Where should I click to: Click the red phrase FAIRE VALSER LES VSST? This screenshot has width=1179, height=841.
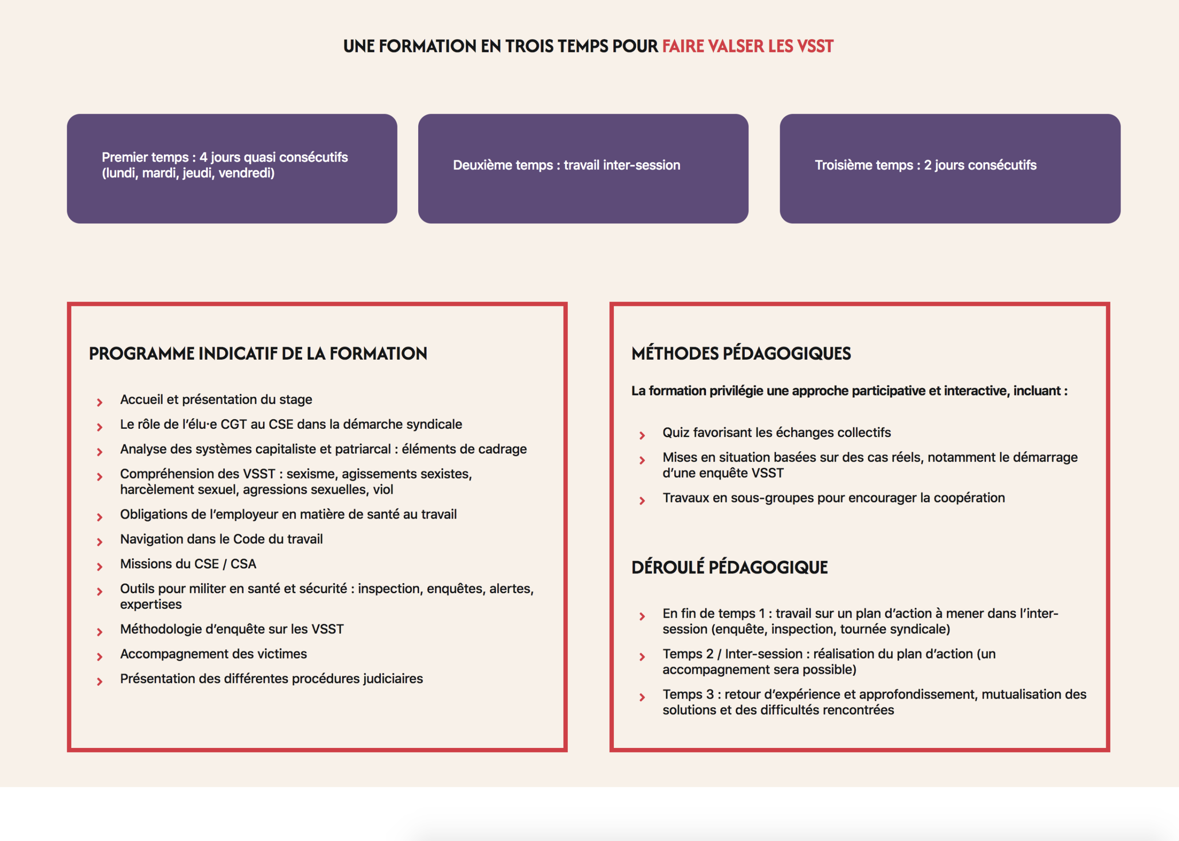pyautogui.click(x=747, y=47)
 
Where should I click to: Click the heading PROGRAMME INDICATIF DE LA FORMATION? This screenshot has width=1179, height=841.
pyautogui.click(x=258, y=354)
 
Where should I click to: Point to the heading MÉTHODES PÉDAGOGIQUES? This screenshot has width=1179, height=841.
pyautogui.click(x=741, y=354)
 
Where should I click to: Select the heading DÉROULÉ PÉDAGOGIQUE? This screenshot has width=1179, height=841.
pyautogui.click(x=729, y=567)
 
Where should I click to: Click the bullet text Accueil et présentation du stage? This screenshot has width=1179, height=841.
pyautogui.click(x=216, y=399)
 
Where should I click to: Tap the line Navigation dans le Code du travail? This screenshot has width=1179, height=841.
pyautogui.click(x=221, y=539)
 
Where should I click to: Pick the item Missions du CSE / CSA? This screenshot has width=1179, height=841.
pyautogui.click(x=188, y=564)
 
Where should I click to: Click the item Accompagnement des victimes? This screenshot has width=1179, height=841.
pyautogui.click(x=213, y=654)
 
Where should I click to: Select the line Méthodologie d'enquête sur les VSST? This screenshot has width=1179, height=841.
pyautogui.click(x=232, y=629)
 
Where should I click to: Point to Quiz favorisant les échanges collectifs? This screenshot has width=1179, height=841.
pyautogui.click(x=776, y=432)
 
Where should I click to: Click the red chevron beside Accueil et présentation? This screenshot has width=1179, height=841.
pyautogui.click(x=99, y=403)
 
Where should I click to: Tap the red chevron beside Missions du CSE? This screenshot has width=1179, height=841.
pyautogui.click(x=99, y=567)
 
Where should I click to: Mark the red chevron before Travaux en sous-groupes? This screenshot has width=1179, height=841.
pyautogui.click(x=642, y=501)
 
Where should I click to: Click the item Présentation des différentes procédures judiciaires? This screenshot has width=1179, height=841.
pyautogui.click(x=271, y=679)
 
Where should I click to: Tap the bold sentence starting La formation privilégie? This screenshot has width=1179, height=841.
pyautogui.click(x=849, y=391)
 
